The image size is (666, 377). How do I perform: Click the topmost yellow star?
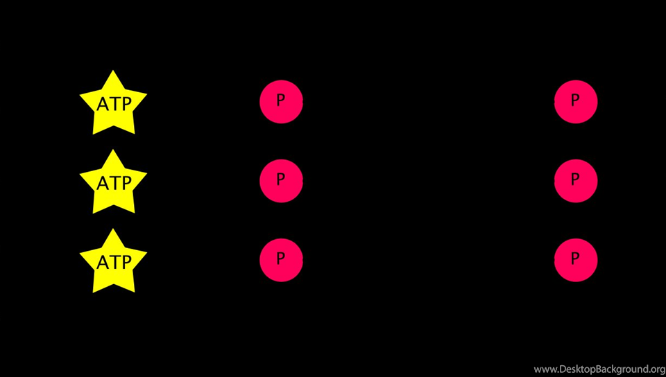(x=113, y=104)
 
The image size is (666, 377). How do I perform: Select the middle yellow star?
(x=113, y=183)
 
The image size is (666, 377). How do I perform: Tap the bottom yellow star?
(x=113, y=263)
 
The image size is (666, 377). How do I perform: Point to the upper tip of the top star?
(x=113, y=71)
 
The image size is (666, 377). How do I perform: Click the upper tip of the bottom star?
(x=113, y=229)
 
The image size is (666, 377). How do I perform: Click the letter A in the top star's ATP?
(x=103, y=104)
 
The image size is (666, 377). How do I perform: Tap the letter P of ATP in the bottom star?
(x=126, y=263)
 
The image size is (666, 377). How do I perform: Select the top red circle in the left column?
(x=281, y=102)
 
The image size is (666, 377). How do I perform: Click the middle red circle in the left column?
(x=281, y=181)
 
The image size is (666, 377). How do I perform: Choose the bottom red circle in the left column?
(x=281, y=260)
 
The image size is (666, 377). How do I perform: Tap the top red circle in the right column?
(x=576, y=102)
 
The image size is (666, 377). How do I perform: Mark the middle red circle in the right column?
(x=576, y=181)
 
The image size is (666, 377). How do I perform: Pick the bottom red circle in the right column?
(x=576, y=260)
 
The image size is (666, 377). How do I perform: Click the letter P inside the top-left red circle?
(x=280, y=100)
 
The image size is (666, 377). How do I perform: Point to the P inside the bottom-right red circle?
(x=575, y=258)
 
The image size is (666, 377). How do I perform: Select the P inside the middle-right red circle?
(x=575, y=179)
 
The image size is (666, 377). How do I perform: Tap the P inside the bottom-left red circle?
(x=280, y=258)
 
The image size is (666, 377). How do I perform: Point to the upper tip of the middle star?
(x=113, y=150)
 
